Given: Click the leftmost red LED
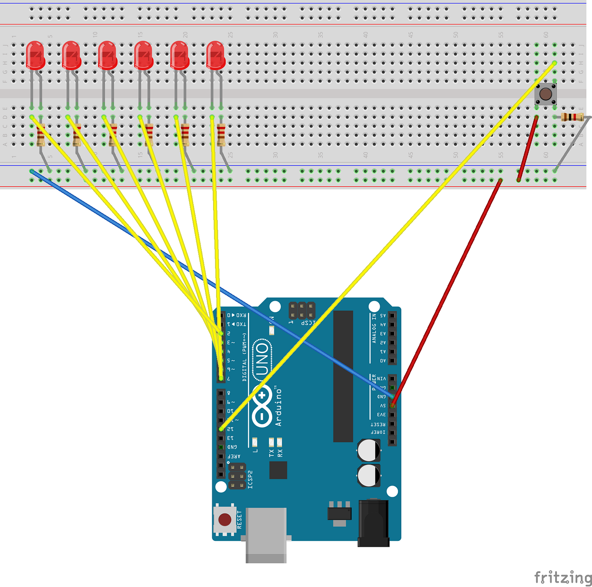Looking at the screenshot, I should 35,55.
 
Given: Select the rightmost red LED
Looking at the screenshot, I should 216,55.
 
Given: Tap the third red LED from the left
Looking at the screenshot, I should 107,55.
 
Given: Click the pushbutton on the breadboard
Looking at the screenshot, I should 545,94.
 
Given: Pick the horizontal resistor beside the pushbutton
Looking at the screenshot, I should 572,117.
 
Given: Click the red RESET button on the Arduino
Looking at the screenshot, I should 225,519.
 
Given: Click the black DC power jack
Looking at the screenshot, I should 373,523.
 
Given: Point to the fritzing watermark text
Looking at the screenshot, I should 563,577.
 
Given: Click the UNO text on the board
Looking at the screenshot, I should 262,359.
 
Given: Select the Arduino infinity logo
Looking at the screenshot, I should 262,406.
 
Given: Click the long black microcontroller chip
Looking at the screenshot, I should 343,376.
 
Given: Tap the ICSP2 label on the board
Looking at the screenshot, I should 250,480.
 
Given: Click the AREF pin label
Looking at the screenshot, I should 234,456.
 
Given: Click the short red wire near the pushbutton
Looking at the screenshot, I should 527,148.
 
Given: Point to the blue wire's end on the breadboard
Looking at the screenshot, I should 32,171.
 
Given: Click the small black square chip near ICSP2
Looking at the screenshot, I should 278,470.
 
